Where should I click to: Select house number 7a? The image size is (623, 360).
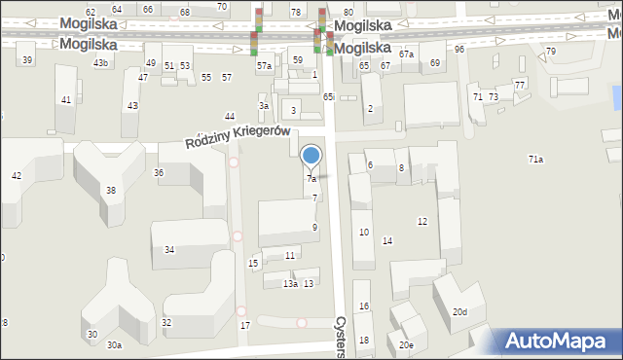tap(311, 179)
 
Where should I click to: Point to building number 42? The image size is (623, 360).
tap(16, 175)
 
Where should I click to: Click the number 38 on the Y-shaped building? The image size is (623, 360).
tap(111, 190)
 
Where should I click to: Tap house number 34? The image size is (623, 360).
tap(169, 250)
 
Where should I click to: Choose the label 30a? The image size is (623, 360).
tap(115, 345)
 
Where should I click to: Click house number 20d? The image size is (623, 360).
tap(459, 312)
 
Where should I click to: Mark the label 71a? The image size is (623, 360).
tap(535, 159)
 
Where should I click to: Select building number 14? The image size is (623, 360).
tap(387, 240)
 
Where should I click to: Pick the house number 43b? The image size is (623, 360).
tap(100, 63)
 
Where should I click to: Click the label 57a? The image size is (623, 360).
tap(264, 66)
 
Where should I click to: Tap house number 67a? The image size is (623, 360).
tap(406, 54)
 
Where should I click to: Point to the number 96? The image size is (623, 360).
tap(459, 49)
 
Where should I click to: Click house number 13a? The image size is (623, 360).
tap(290, 284)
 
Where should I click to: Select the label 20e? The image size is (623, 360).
tap(406, 344)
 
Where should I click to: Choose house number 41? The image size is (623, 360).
tap(66, 100)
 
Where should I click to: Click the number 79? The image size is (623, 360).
tap(551, 51)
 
